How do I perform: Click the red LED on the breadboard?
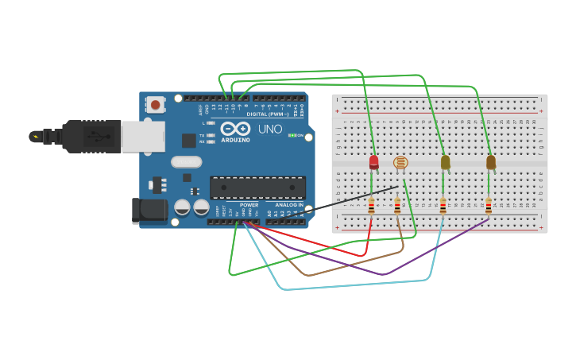pos(373,162)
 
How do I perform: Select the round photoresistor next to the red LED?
pos(400,162)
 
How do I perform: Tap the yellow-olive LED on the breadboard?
pos(445,162)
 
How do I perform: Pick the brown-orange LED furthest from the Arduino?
pos(491,162)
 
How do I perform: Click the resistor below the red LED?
pos(371,206)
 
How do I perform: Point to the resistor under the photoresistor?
pos(397,206)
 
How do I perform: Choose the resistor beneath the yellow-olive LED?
pos(443,206)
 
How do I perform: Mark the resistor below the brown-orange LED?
pos(488,206)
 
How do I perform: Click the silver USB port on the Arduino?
pos(143,136)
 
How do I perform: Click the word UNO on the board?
pos(270,129)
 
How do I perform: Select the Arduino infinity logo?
pos(236,129)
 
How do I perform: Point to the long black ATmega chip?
pos(257,188)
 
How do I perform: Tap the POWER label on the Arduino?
pos(249,205)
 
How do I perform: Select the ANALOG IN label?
pos(289,205)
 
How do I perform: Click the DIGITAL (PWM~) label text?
pos(261,114)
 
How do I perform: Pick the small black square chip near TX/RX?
pos(188,141)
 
